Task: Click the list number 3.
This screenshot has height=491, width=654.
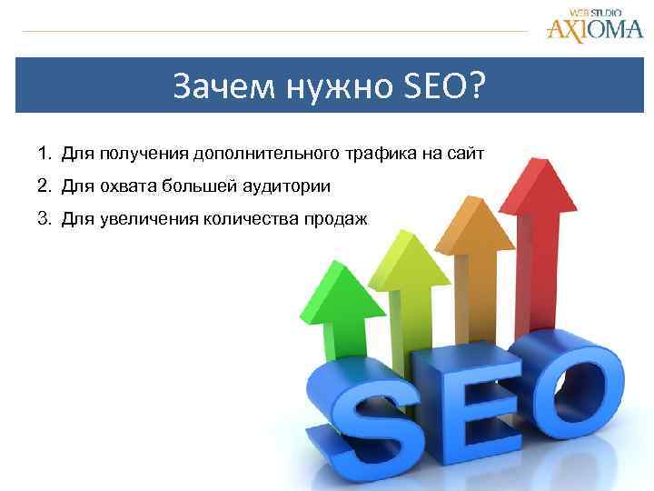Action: tap(43, 220)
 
